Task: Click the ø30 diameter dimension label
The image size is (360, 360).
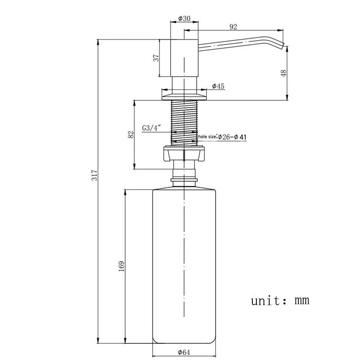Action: pos(184,18)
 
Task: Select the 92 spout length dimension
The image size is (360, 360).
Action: pos(233,27)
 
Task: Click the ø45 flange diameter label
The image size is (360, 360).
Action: pos(218,85)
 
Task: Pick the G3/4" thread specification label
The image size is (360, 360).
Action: pos(152,128)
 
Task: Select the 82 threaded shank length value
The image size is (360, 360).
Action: pos(131,134)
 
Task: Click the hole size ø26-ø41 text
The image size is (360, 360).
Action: pos(221,136)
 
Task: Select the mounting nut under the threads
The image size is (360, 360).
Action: pos(184,154)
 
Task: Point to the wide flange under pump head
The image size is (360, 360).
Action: pos(184,95)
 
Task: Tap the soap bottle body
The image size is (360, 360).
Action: pos(184,265)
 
